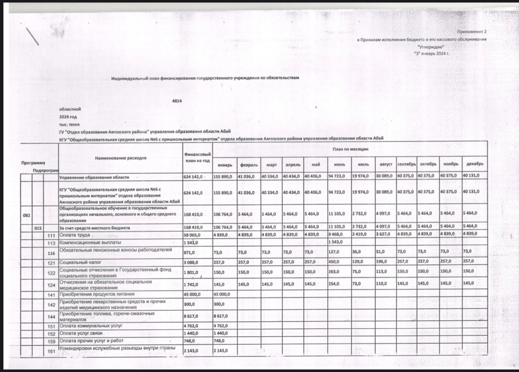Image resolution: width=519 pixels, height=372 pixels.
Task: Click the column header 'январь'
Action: point(225,165)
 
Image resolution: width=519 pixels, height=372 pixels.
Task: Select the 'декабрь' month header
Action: point(475,164)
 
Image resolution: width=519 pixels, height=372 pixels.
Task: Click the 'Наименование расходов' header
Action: point(121,158)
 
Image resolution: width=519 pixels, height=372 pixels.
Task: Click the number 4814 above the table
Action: point(177,101)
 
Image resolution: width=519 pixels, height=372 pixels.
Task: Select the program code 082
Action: point(26,215)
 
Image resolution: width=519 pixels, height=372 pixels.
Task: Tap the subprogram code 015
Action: point(38,228)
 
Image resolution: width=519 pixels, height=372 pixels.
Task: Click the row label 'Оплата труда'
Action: point(74,235)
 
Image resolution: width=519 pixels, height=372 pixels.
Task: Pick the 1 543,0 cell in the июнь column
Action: point(335,242)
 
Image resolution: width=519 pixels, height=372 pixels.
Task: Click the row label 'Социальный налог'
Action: point(80,262)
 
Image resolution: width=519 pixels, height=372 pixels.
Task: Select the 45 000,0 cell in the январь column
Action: point(222,294)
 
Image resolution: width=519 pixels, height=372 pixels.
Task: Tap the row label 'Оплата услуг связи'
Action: point(81,333)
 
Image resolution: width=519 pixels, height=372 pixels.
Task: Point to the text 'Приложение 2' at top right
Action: point(472,31)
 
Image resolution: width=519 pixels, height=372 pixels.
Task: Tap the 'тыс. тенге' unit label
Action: point(69,124)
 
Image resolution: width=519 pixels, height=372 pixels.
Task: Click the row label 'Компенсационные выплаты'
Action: point(90,242)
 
